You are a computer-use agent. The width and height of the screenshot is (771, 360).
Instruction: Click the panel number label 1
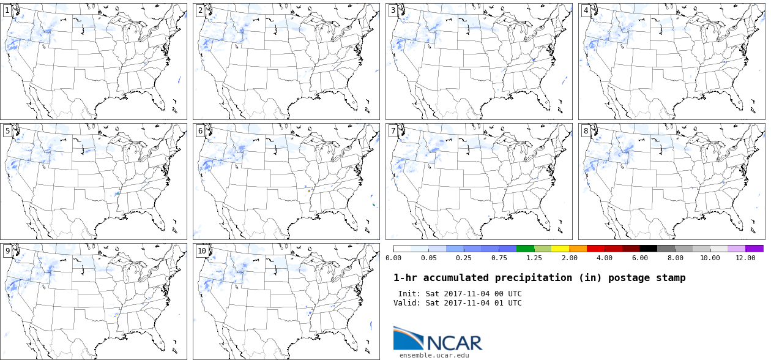[x=7, y=10]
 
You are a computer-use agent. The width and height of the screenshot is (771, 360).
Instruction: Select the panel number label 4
[x=586, y=10]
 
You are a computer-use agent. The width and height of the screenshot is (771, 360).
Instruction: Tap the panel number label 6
[x=200, y=130]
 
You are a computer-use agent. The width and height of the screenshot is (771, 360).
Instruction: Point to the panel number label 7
[x=393, y=130]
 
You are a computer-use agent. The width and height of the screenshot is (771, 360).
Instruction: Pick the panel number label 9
[x=7, y=250]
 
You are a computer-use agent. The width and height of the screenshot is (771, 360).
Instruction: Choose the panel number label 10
[x=201, y=250]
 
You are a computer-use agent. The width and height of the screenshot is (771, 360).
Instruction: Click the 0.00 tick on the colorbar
[x=393, y=258]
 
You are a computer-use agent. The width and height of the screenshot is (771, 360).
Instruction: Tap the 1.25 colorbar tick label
[x=534, y=258]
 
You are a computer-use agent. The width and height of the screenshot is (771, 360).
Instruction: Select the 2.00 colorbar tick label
[x=570, y=258]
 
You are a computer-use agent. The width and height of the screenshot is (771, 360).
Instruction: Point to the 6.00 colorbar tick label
[x=640, y=258]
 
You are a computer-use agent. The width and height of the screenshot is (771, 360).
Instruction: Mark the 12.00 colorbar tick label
[x=745, y=258]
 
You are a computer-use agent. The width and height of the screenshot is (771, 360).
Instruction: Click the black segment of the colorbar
[x=649, y=249]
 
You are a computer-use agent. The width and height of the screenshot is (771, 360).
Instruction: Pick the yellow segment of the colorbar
[x=560, y=249]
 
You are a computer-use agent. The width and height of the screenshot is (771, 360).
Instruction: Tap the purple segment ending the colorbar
[x=754, y=249]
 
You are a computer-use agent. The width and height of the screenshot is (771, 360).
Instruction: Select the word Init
[x=409, y=294]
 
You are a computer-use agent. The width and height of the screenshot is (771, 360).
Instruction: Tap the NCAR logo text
[x=454, y=342]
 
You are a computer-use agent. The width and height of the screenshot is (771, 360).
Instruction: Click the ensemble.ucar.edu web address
[x=434, y=355]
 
